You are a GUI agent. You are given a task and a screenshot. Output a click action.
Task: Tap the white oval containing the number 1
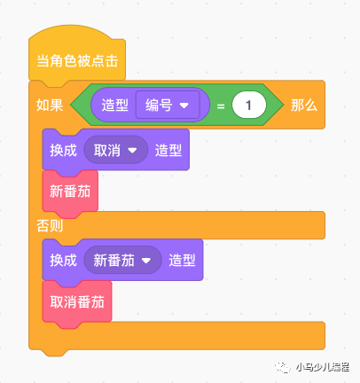coord(249,106)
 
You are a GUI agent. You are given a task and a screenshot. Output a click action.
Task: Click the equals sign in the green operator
coord(221,106)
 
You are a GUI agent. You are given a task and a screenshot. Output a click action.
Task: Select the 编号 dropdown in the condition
coord(168,105)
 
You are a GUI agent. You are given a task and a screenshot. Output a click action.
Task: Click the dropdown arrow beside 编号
coord(184,106)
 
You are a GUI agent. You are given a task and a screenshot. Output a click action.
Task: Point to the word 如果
coord(50,106)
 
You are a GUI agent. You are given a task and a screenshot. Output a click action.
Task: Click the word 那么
coord(304,106)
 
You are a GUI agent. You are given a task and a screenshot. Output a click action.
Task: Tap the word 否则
coord(50,226)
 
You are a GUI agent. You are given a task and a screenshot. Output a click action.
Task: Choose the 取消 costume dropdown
coord(115,150)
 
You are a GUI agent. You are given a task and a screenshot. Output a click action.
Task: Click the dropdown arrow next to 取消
coord(132,151)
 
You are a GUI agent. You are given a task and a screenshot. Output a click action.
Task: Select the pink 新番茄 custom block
coord(70,191)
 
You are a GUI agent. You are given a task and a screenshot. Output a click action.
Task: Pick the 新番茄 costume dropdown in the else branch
coord(122,261)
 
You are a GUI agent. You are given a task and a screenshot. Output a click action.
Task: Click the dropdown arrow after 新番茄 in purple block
coord(146,261)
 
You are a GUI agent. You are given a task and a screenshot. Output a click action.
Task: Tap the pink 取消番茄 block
coord(77,302)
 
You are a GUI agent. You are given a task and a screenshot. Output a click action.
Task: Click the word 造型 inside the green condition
coord(114,106)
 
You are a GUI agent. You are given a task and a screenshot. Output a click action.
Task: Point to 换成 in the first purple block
coord(63,150)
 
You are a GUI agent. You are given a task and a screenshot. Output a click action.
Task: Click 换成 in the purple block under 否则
coord(63,261)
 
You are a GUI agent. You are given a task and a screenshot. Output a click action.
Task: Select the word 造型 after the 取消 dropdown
coord(168,150)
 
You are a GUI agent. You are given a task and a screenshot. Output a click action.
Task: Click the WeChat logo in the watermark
coord(283,367)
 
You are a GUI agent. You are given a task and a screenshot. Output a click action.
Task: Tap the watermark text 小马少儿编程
coord(323,367)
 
